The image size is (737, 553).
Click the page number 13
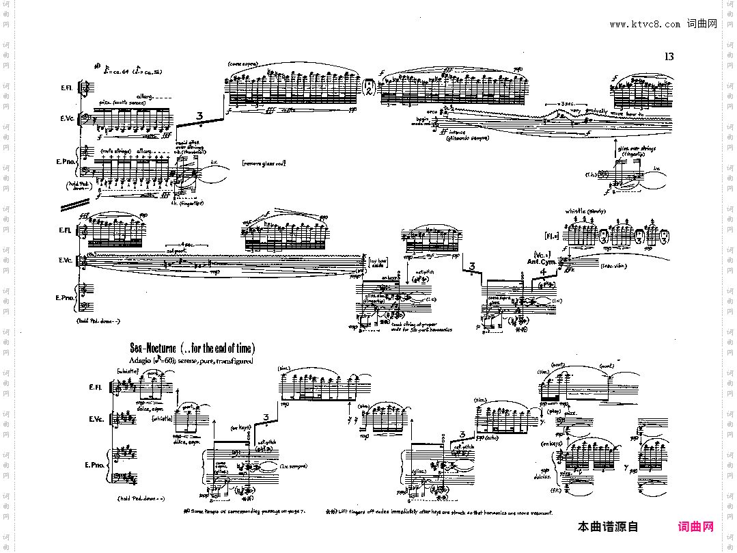pos(669,57)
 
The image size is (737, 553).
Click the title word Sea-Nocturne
pos(159,349)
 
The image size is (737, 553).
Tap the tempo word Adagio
pos(139,360)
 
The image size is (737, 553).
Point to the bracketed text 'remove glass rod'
pos(263,163)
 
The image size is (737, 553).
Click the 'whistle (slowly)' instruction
pos(585,211)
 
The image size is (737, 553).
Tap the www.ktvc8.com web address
pos(645,25)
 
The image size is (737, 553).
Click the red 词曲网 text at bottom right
pos(695,526)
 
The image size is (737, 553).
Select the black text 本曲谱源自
pos(607,526)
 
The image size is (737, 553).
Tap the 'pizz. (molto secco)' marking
pos(120,103)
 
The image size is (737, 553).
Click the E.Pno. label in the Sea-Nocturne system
pos(93,465)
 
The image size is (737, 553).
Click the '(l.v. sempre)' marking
pos(292,466)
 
